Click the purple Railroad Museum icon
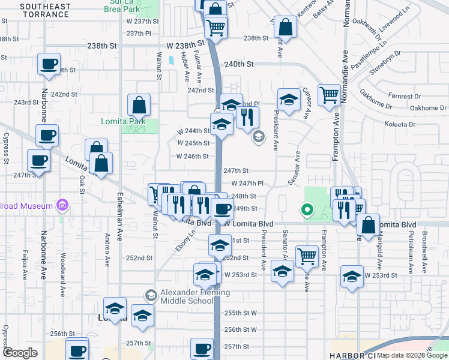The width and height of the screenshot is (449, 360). (61, 206)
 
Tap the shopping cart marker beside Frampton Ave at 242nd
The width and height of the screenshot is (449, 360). (330, 95)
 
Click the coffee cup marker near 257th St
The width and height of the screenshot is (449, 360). (202, 349)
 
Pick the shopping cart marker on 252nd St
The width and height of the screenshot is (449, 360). (307, 256)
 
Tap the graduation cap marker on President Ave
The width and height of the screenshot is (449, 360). (289, 100)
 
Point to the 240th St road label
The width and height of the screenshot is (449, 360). (240, 64)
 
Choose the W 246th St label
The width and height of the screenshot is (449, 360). (192, 156)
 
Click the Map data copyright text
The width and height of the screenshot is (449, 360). (413, 355)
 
